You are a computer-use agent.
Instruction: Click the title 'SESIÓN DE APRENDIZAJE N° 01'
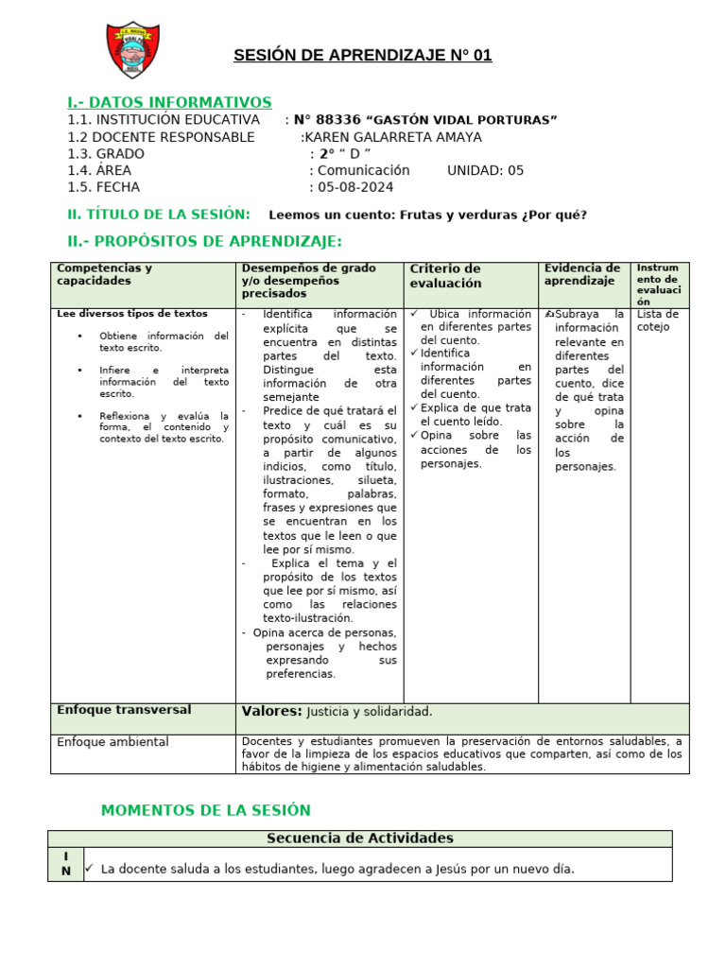(x=363, y=56)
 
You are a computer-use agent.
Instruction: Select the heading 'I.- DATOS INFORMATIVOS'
(x=169, y=102)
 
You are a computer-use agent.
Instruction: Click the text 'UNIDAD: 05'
(x=485, y=171)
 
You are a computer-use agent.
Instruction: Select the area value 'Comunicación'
(x=364, y=171)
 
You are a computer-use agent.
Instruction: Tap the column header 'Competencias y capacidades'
(x=104, y=274)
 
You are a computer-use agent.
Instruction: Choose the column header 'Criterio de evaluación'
(x=445, y=276)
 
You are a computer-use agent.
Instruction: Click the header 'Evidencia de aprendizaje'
(x=582, y=274)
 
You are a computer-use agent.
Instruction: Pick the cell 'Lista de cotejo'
(x=658, y=320)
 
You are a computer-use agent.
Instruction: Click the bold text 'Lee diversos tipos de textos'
(x=132, y=314)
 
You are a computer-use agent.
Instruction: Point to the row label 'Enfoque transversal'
(x=124, y=710)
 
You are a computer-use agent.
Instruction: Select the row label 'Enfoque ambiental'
(x=112, y=742)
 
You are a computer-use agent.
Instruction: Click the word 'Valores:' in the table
(x=271, y=711)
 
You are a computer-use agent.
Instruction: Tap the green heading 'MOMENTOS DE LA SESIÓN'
(x=205, y=810)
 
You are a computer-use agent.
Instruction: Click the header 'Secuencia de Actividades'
(x=360, y=838)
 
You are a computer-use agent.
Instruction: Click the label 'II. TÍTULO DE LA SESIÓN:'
(x=159, y=215)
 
